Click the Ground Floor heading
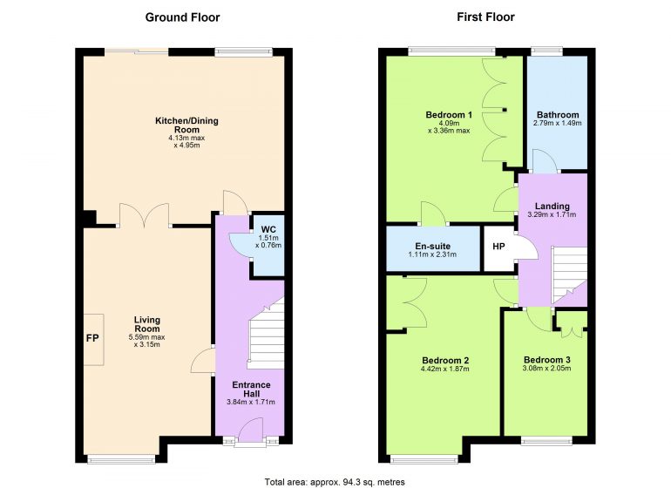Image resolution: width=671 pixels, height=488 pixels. click(x=182, y=17)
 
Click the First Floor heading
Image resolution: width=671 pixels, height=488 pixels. click(x=485, y=17)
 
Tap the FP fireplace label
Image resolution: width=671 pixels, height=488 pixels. click(x=92, y=338)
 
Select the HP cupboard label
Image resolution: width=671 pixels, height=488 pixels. click(x=498, y=247)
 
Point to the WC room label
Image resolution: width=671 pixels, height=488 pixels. click(x=268, y=229)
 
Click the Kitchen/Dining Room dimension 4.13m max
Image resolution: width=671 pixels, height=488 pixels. click(x=186, y=138)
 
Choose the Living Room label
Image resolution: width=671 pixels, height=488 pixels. click(x=146, y=324)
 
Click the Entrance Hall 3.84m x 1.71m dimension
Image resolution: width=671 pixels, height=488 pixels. click(x=251, y=402)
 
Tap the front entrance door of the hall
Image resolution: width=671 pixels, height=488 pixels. click(x=251, y=430)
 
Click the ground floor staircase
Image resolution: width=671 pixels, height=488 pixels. click(x=266, y=334)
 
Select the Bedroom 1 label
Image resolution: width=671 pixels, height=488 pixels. click(x=449, y=115)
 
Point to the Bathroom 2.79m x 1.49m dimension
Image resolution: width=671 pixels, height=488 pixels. click(x=557, y=123)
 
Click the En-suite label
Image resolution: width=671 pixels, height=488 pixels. click(x=432, y=246)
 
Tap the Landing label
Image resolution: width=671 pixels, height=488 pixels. click(x=552, y=207)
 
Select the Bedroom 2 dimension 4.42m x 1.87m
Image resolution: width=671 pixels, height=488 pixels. click(x=445, y=369)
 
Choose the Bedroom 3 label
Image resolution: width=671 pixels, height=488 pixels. click(x=547, y=360)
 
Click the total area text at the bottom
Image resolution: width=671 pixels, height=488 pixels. click(x=335, y=482)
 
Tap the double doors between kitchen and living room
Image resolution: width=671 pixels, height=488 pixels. click(x=145, y=214)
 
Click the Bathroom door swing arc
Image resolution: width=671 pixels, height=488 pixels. click(x=545, y=160)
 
